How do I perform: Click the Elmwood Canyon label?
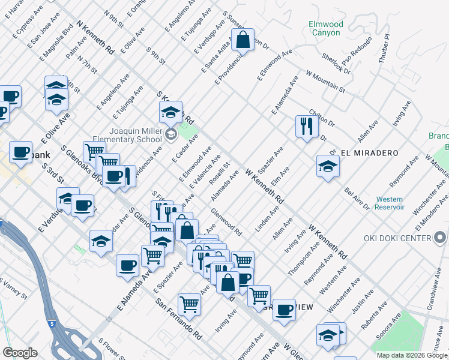point(326,28)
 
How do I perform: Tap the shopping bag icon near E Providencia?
point(243,41)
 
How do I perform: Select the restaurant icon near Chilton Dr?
point(306,127)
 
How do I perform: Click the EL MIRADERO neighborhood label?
point(369,153)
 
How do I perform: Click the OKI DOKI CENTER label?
point(397,238)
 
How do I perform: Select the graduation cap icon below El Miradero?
point(328,167)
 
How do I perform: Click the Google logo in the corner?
point(20,352)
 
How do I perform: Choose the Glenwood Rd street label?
point(226,221)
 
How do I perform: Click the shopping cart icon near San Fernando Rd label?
point(189,304)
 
